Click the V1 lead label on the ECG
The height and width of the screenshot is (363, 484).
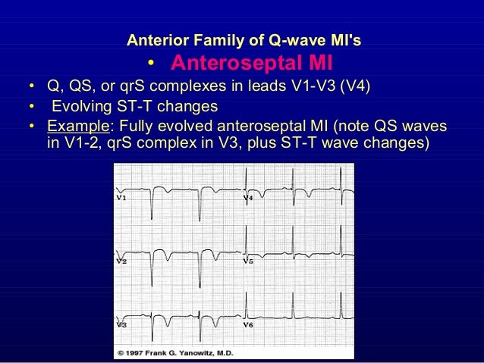(x=121, y=198)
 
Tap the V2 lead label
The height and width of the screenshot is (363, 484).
(x=121, y=261)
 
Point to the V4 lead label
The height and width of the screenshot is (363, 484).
(x=247, y=198)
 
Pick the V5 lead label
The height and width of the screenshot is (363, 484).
(x=247, y=261)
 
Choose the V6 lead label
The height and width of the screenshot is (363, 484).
(x=247, y=324)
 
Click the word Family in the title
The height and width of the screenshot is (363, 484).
(x=209, y=38)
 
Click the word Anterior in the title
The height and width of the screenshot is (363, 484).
(x=155, y=38)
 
